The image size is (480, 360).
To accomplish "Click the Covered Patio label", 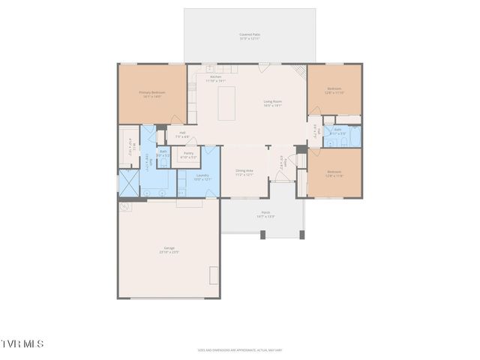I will (x=250, y=36).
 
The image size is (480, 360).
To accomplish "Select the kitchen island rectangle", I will (x=226, y=103).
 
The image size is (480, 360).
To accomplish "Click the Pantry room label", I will (x=188, y=155).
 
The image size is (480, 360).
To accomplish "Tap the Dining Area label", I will (x=244, y=172).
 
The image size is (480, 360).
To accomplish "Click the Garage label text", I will (x=169, y=250).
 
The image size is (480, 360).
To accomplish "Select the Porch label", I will (x=265, y=214).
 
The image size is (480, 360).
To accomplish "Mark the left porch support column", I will (x=262, y=235).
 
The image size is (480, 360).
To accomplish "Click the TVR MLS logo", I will (x=22, y=344).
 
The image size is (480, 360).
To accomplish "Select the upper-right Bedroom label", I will (x=334, y=91).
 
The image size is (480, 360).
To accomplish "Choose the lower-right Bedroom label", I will (x=334, y=174).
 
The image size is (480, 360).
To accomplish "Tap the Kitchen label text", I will (x=216, y=78).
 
